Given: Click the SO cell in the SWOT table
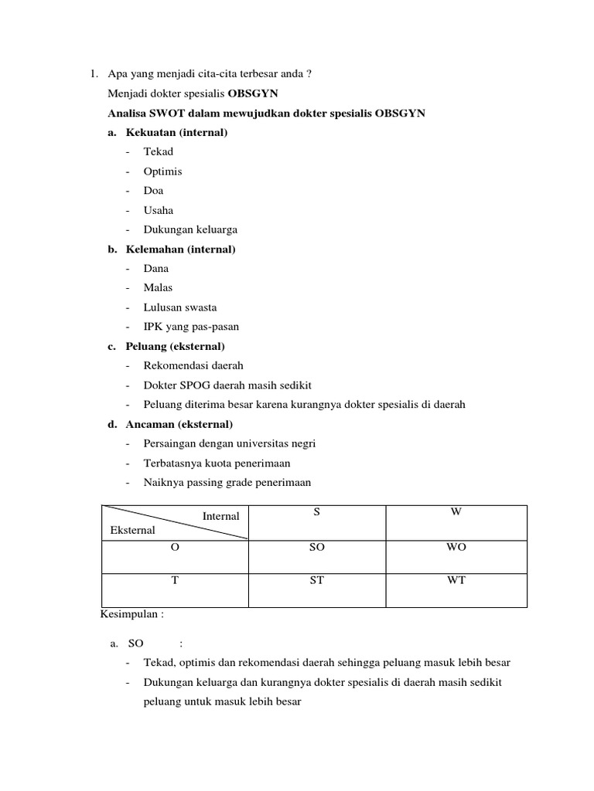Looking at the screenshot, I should [316, 547].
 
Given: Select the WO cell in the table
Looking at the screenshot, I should [456, 547].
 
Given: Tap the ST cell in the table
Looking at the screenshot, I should [316, 581].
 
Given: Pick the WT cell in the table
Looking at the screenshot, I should [456, 581].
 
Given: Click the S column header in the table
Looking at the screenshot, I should [316, 513].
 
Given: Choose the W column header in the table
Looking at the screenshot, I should [456, 513].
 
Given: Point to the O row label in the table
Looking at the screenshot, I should [175, 547].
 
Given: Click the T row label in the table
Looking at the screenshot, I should [175, 581].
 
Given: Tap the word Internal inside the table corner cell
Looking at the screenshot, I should [220, 516].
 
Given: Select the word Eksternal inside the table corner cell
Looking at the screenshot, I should [132, 530].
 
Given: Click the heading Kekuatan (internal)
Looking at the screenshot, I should [176, 133].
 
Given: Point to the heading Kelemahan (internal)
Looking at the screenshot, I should [180, 249].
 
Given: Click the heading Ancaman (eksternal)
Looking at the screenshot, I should [179, 424].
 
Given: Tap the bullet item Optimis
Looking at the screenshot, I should [162, 171].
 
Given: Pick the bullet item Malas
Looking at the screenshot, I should [158, 287].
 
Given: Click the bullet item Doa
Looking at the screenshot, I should [153, 191].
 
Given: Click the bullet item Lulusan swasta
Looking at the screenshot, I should [179, 307].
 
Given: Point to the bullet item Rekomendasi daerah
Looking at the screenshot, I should [193, 365].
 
